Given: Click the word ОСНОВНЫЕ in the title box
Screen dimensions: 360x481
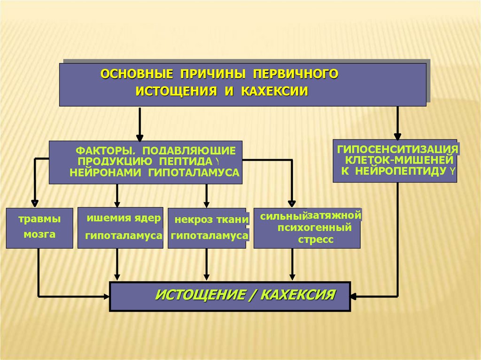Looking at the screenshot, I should [x=131, y=74].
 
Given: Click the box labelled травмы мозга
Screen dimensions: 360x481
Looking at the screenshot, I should [x=39, y=228].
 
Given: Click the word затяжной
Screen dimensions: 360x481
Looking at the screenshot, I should [x=334, y=215].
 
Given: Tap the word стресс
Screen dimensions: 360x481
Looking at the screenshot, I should [x=315, y=239].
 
